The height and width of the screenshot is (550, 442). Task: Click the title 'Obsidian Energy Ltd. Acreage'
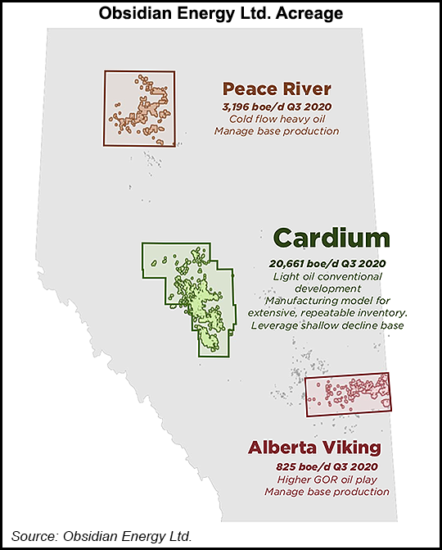point(221,13)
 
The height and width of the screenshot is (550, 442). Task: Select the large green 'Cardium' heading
point(331,239)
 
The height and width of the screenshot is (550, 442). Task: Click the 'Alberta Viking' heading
point(317,448)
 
